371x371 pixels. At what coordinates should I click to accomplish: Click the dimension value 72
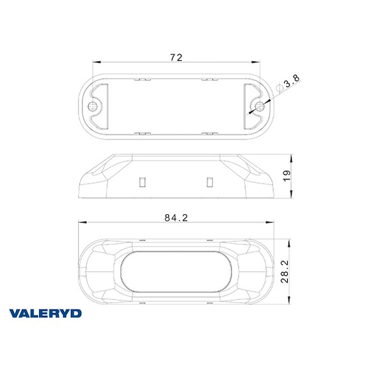[176, 58]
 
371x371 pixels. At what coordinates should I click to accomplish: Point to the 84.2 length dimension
[175, 217]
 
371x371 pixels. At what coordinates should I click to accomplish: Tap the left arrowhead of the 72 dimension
[95, 63]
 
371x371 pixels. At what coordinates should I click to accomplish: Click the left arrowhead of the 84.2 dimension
[81, 223]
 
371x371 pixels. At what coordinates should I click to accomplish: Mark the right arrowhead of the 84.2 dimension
[272, 223]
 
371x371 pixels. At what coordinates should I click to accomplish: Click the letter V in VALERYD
[15, 313]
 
